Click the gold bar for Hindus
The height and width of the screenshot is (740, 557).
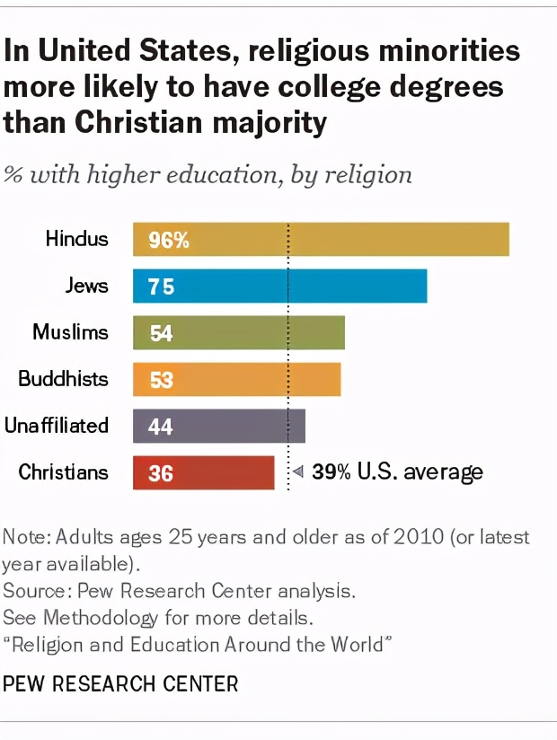click(x=321, y=240)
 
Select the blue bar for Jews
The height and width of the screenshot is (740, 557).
click(x=279, y=286)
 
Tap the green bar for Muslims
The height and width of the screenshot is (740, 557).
click(x=239, y=333)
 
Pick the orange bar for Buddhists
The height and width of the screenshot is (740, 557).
click(x=237, y=379)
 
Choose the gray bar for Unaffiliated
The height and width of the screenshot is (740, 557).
click(x=219, y=426)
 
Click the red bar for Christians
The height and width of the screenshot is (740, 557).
click(x=204, y=472)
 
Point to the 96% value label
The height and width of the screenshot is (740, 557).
click(x=168, y=240)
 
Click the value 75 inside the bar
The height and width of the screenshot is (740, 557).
click(x=162, y=286)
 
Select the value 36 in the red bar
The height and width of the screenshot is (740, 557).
click(x=161, y=472)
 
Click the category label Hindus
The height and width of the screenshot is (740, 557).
click(x=77, y=239)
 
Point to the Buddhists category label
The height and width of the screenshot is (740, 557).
click(x=63, y=379)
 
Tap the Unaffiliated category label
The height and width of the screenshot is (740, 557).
click(x=56, y=426)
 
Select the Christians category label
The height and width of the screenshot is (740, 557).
click(x=63, y=472)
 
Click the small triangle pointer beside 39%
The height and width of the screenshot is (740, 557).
click(x=299, y=471)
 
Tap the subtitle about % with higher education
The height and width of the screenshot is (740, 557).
click(x=208, y=173)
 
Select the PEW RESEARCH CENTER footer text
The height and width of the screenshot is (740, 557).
click(x=121, y=684)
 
